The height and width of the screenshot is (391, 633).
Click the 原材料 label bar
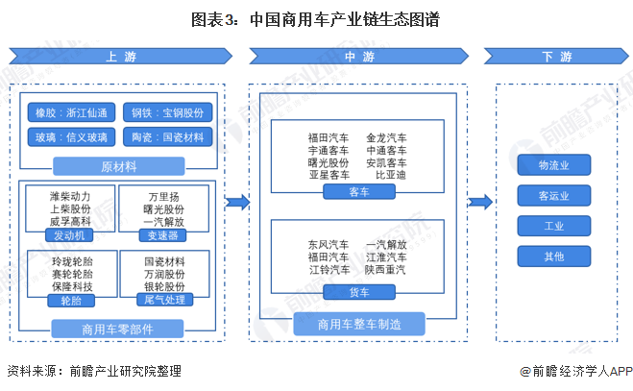[118, 164]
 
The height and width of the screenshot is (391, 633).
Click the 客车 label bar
[357, 192]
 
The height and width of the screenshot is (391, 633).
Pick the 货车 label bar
[357, 291]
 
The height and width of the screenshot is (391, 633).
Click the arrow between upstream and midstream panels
[237, 202]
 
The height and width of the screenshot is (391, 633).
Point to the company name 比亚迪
[390, 176]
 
